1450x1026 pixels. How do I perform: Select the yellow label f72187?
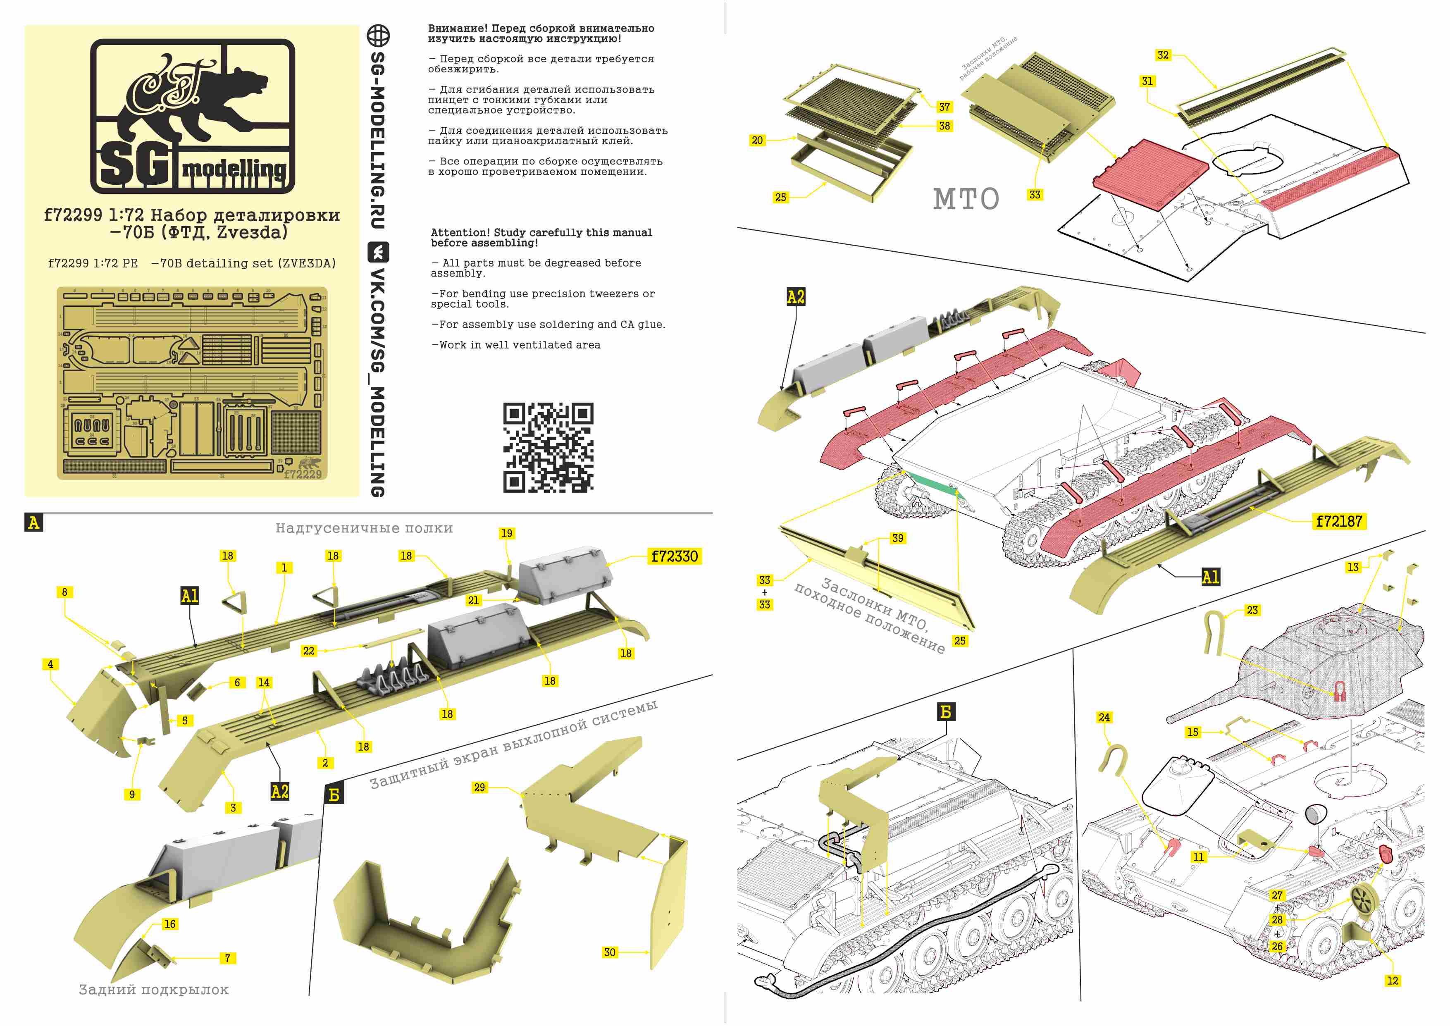click(1339, 521)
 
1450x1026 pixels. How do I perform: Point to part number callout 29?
click(479, 787)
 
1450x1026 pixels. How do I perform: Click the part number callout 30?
click(609, 952)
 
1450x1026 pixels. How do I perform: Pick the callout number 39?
click(897, 538)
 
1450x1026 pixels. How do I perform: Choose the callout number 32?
click(1163, 55)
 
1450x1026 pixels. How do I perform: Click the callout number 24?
click(1104, 717)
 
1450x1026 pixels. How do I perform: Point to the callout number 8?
click(64, 592)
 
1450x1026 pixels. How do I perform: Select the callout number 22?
click(308, 651)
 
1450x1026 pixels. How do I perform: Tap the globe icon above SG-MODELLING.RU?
click(378, 36)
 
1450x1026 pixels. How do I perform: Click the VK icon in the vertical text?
click(378, 253)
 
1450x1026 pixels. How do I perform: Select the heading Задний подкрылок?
click(153, 989)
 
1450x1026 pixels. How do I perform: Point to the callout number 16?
click(169, 923)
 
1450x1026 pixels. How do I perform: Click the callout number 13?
click(1353, 567)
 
